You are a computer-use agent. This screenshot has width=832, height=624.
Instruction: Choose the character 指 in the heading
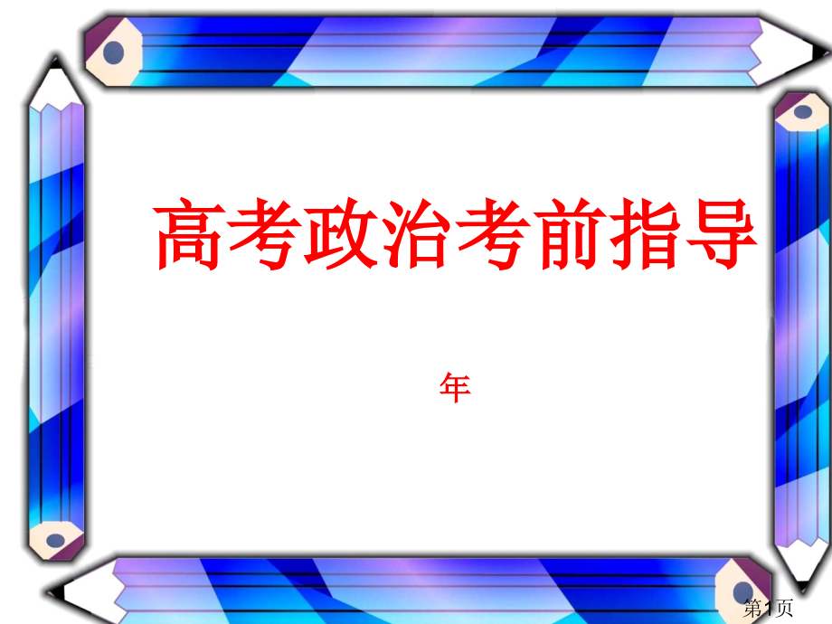pyautogui.click(x=644, y=234)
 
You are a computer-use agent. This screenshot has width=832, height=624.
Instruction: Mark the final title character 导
pyautogui.click(x=720, y=234)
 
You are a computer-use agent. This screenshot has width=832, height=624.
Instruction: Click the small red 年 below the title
pyautogui.click(x=455, y=389)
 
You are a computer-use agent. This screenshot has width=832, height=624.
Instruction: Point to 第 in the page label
pyautogui.click(x=754, y=609)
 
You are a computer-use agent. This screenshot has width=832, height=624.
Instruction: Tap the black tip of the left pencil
pyautogui.click(x=56, y=63)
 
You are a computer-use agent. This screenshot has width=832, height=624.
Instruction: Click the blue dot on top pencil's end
pyautogui.click(x=113, y=52)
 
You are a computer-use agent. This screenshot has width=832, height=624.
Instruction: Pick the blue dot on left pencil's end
pyautogui.click(x=56, y=540)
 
